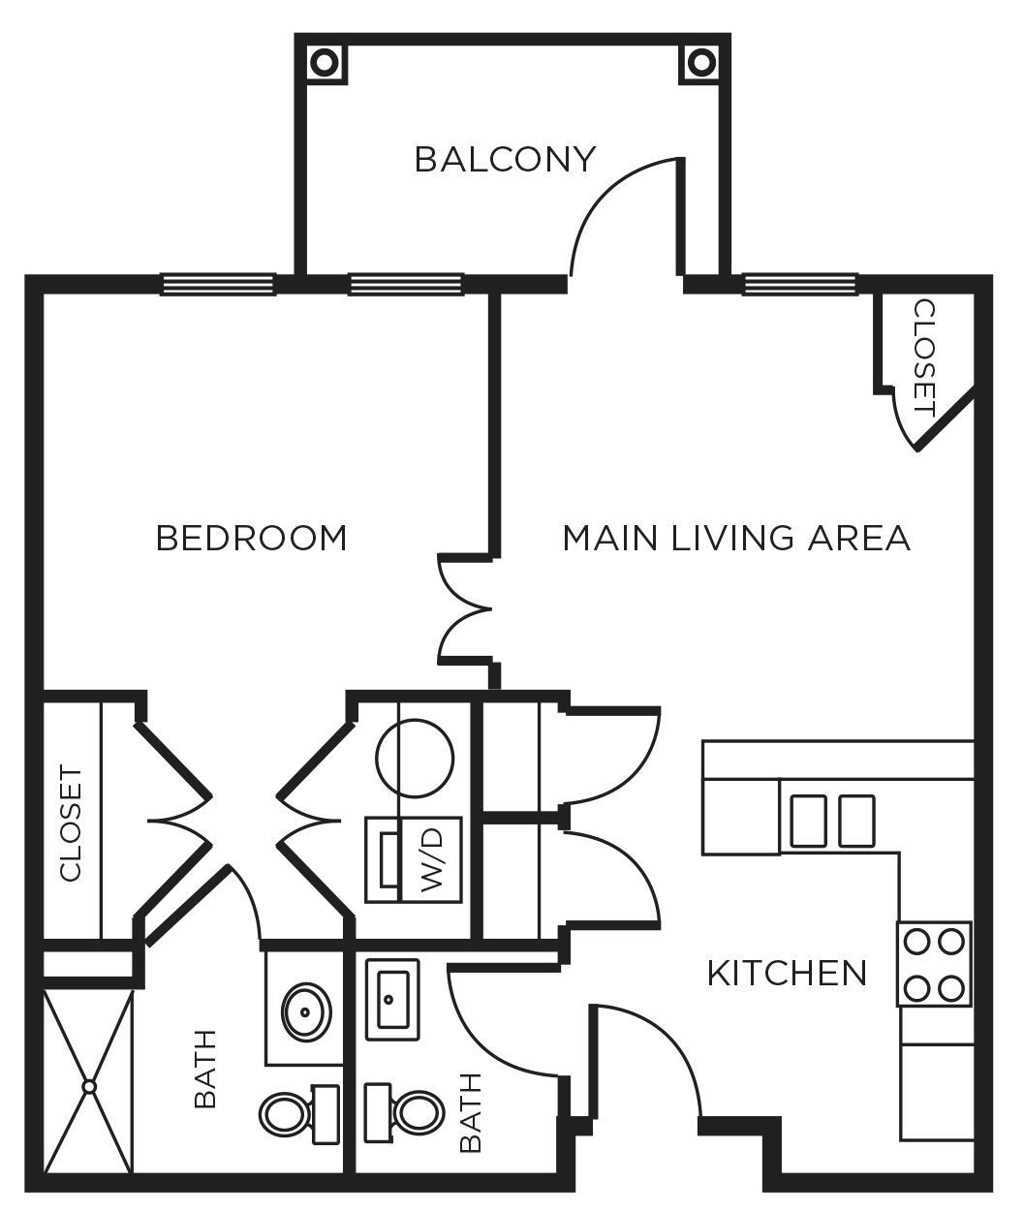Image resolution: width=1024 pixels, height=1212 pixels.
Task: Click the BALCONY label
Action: point(505,159)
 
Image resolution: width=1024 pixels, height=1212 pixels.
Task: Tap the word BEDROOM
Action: point(251,538)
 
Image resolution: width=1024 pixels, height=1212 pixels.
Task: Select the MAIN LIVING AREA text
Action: point(736,538)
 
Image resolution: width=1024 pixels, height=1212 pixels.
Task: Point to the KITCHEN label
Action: point(787,973)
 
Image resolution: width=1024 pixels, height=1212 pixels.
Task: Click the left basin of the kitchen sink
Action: point(809,821)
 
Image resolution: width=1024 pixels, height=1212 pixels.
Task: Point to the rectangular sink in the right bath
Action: point(392,997)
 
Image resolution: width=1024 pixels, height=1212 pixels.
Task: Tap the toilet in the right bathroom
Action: point(405,1113)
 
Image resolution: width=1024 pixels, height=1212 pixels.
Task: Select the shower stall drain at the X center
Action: point(89,1086)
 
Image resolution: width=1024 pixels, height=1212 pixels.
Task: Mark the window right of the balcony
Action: point(800,284)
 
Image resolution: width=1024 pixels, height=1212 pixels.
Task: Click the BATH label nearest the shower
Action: point(204,1070)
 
